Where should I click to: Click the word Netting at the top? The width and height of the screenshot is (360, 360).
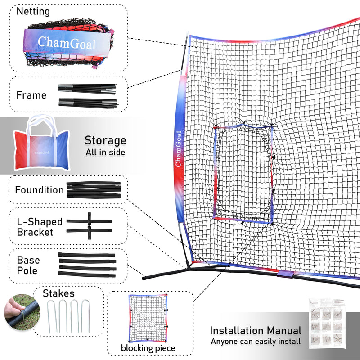tap(33, 11)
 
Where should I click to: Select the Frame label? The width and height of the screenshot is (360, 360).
tap(31, 95)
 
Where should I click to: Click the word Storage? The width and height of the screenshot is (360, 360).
tap(105, 140)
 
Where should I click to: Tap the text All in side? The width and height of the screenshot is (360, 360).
tap(105, 153)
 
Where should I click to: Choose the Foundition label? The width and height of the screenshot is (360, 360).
tap(39, 190)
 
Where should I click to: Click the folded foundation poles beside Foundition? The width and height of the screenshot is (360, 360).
tap(93, 189)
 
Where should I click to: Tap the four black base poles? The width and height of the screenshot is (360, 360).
tap(87, 265)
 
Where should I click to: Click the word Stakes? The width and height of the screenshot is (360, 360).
tap(59, 294)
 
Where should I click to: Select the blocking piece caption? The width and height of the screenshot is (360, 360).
tap(148, 348)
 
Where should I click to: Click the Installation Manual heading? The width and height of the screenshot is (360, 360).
tap(256, 331)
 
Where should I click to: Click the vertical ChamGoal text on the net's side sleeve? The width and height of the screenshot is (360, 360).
tap(179, 149)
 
